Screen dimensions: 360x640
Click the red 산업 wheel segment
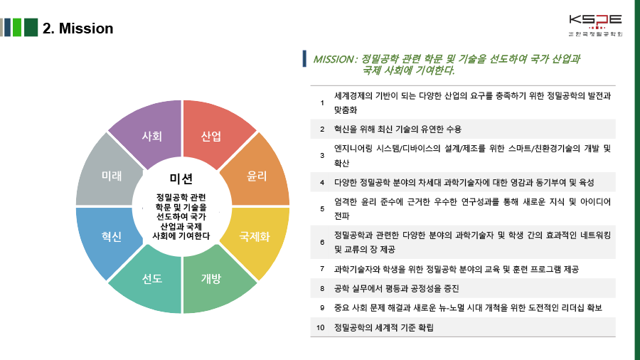tap(211, 136)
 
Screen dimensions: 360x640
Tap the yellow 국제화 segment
tap(255, 236)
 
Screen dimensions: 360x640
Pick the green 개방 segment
tap(211, 278)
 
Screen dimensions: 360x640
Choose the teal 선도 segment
tap(152, 278)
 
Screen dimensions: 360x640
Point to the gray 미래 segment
tap(112, 176)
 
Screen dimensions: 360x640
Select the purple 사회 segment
tap(152, 136)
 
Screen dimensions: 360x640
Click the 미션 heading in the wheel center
tap(181, 178)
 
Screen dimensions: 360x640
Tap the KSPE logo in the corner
tap(595, 23)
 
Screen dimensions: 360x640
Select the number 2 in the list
tap(322, 129)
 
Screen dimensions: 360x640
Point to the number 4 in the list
tap(322, 183)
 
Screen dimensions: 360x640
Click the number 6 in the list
tap(322, 242)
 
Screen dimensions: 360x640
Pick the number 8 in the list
tap(322, 288)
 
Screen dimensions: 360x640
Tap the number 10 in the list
tap(321, 327)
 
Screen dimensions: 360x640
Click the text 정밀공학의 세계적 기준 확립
tap(383, 327)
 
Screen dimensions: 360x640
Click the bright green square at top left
tap(17, 28)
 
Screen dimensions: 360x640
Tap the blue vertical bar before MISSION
tap(304, 59)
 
